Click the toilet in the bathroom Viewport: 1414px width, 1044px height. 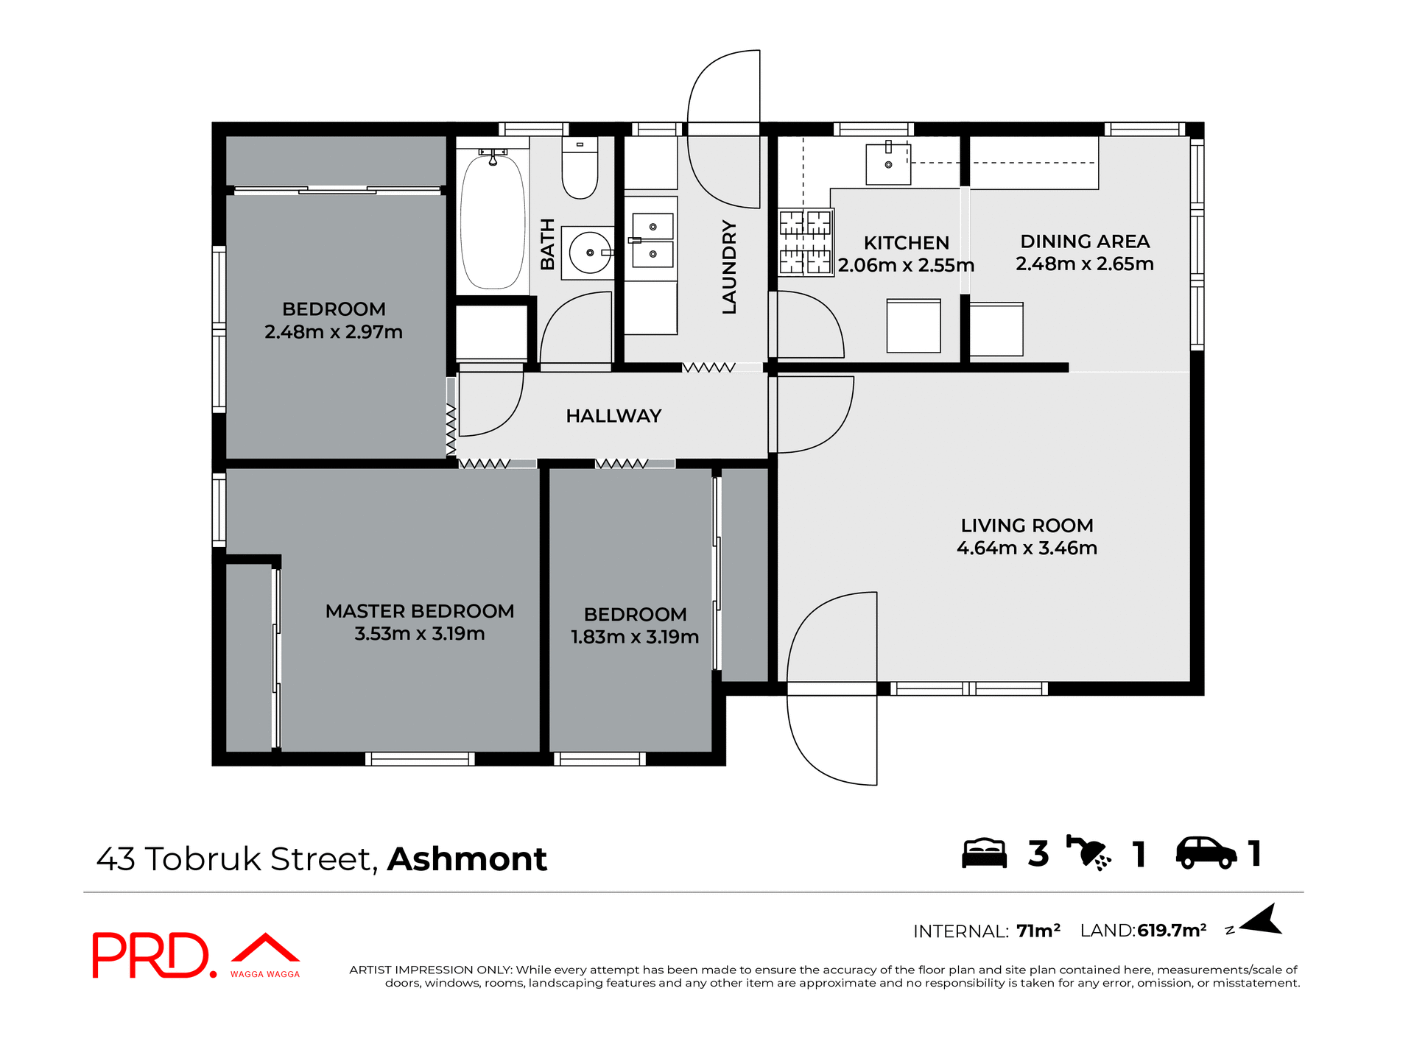[x=580, y=171]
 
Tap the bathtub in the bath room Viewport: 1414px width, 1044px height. [x=492, y=221]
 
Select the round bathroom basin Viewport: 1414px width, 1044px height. [x=589, y=253]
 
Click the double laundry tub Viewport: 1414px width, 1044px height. [x=653, y=240]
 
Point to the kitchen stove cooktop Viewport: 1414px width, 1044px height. [x=805, y=242]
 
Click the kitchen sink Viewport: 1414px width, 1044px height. [x=888, y=163]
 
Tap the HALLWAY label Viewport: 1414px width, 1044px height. [x=613, y=416]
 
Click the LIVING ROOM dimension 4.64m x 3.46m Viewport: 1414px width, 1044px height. [x=1027, y=548]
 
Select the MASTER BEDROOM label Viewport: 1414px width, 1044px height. [x=420, y=611]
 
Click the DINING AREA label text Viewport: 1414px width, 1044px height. [x=1085, y=241]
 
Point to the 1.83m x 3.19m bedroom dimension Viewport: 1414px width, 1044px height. [x=635, y=637]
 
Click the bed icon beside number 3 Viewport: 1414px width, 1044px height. [x=984, y=853]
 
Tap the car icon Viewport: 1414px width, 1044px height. [x=1206, y=853]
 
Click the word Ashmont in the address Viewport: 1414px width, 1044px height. [x=467, y=859]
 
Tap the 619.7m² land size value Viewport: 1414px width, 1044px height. [x=1172, y=931]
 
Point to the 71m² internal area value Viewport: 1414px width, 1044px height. [x=1038, y=931]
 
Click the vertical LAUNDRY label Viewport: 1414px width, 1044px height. [x=729, y=267]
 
